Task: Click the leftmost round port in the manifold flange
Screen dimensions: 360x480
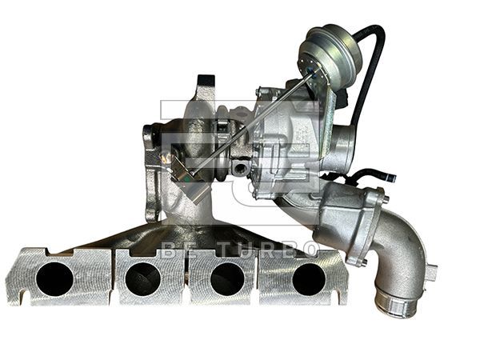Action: [x=54, y=278]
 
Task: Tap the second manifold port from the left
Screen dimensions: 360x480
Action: [x=143, y=278]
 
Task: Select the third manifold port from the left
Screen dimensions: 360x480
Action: [x=226, y=278]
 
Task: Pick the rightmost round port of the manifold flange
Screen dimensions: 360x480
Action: [x=309, y=278]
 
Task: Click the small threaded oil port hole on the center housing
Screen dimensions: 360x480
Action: [x=239, y=169]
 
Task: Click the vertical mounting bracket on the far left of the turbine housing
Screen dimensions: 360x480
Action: [x=150, y=172]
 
